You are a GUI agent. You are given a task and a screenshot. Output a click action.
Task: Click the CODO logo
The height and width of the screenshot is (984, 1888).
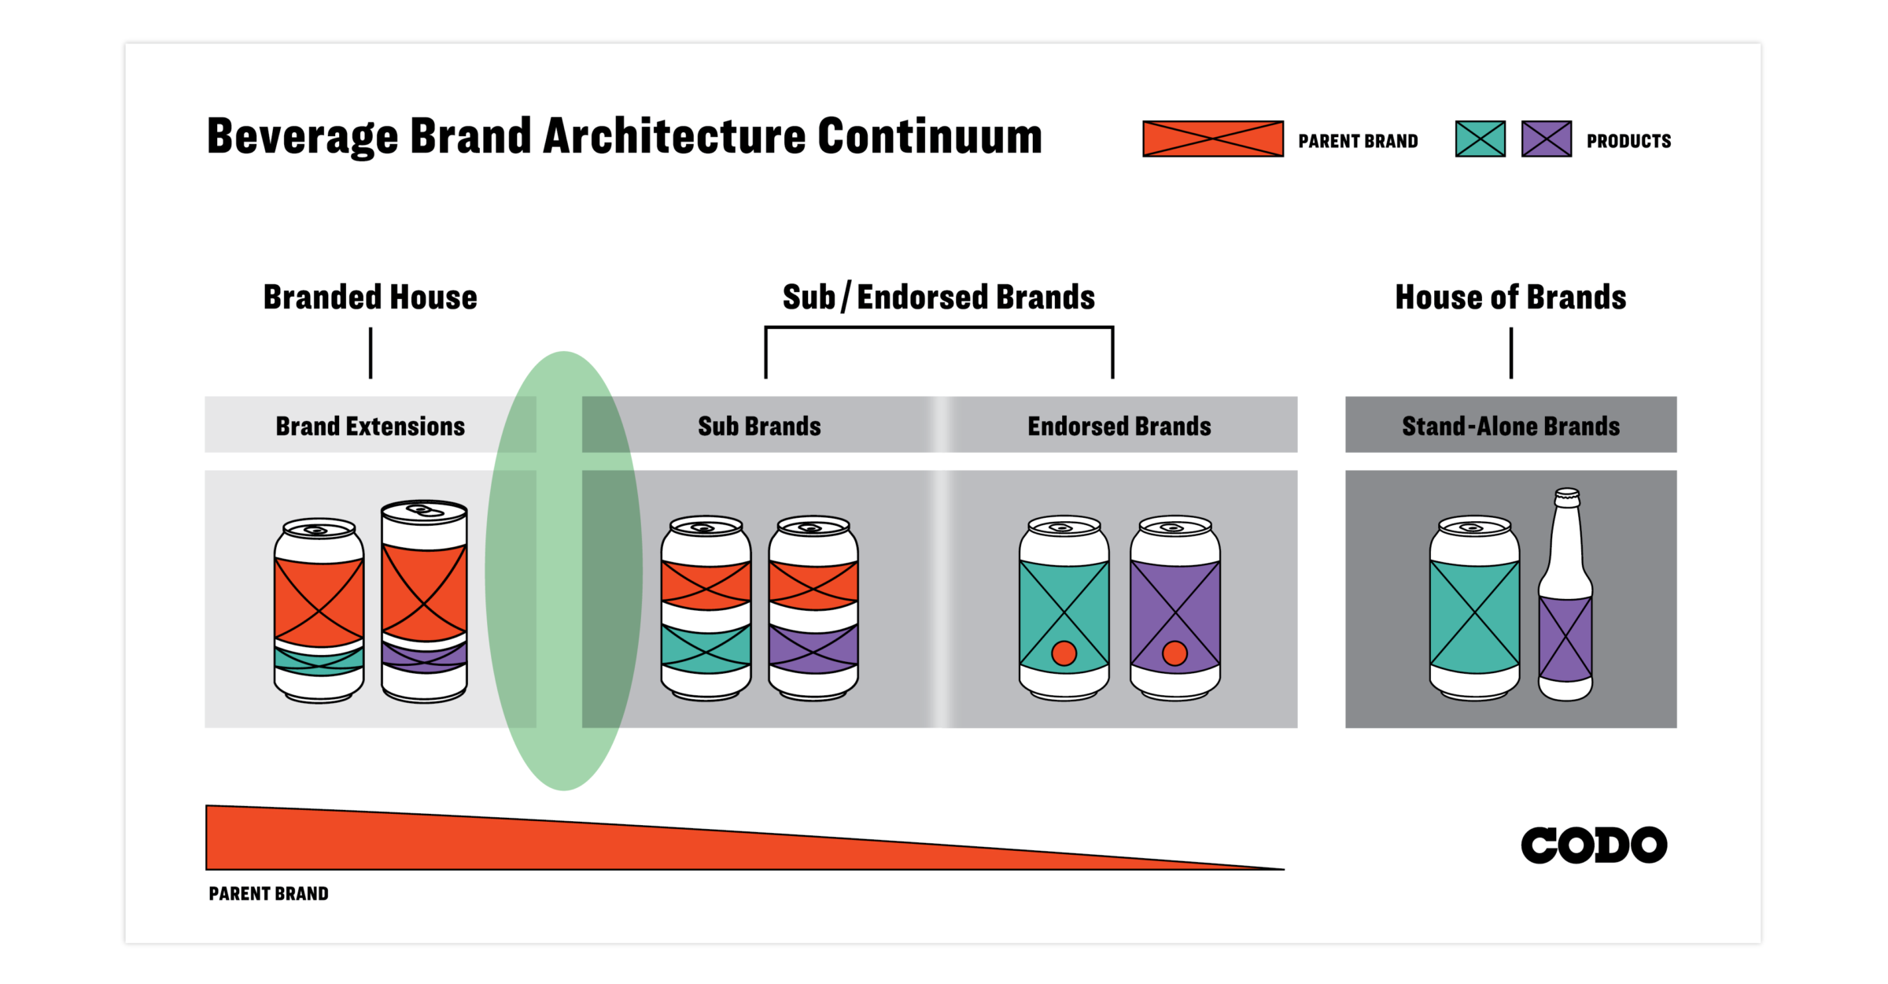tap(1594, 845)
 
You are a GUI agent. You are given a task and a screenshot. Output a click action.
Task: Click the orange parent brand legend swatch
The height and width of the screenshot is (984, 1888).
tap(1212, 139)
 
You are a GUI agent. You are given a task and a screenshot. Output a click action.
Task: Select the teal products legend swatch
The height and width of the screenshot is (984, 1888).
tap(1480, 139)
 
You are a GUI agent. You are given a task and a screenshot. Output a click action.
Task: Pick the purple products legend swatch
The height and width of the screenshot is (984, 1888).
tap(1546, 139)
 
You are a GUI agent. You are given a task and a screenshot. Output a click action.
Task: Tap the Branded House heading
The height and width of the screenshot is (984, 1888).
tap(370, 298)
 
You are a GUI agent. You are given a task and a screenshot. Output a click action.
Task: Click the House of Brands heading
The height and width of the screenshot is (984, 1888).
tap(1510, 298)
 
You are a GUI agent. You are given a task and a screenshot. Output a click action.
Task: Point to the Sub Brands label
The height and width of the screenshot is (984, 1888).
tap(759, 426)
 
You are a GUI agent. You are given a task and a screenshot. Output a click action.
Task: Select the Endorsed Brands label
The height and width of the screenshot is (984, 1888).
tap(1119, 426)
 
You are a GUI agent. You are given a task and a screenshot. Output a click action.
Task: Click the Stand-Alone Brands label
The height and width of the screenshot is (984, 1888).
tap(1510, 426)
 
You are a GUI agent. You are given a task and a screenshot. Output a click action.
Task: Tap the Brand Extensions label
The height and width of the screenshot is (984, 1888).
tap(370, 426)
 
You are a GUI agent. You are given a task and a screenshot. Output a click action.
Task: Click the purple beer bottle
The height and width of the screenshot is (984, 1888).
tap(1565, 606)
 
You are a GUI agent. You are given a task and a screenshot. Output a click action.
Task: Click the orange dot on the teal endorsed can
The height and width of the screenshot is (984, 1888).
tap(1064, 653)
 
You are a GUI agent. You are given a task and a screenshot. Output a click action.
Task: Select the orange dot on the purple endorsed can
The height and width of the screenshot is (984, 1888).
tap(1174, 653)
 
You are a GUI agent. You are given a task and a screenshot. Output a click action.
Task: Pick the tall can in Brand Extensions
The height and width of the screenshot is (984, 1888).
tap(424, 602)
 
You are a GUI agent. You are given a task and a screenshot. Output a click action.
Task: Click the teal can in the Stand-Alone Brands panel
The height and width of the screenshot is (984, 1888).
tap(1474, 610)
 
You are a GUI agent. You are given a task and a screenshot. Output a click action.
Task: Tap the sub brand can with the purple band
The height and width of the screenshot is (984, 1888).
tap(813, 610)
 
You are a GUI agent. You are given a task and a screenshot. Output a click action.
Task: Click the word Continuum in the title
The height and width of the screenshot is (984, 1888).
tap(930, 137)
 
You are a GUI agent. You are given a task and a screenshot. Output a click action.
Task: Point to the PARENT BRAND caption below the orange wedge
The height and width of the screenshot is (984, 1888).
tap(268, 893)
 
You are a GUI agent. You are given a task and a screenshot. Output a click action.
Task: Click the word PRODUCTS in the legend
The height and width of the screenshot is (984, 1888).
tap(1628, 141)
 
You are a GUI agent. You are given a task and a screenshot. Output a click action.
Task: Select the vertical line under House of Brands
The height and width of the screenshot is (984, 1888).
tap(1511, 353)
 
